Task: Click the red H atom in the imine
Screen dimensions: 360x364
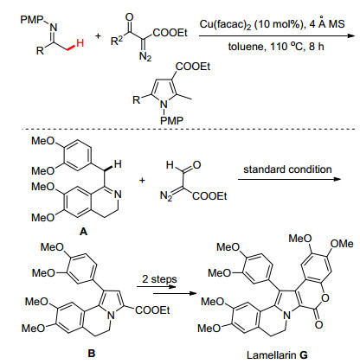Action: click(x=80, y=43)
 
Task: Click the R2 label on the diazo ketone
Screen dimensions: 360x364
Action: click(x=117, y=42)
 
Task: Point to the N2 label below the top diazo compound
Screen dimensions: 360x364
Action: click(x=145, y=56)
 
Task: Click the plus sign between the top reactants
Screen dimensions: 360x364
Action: click(x=99, y=36)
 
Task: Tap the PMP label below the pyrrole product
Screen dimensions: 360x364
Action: click(x=171, y=120)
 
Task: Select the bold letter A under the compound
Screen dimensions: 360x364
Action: click(x=83, y=231)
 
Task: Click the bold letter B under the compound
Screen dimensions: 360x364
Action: click(x=92, y=354)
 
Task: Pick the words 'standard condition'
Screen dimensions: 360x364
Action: click(x=287, y=169)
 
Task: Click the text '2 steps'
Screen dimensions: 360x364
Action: click(x=159, y=279)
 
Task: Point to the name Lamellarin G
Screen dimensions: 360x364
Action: click(x=277, y=355)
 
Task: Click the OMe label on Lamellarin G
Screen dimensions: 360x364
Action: click(x=342, y=244)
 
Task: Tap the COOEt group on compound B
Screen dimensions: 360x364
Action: click(x=152, y=310)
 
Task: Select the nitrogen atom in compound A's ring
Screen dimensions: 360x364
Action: click(x=118, y=195)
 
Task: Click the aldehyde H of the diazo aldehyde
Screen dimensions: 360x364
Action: click(x=170, y=165)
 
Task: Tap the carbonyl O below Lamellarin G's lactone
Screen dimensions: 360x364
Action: click(x=318, y=325)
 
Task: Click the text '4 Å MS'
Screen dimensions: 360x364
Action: click(x=327, y=23)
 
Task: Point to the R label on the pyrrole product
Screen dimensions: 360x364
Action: click(x=136, y=100)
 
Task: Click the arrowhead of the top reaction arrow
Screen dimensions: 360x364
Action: click(x=350, y=35)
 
